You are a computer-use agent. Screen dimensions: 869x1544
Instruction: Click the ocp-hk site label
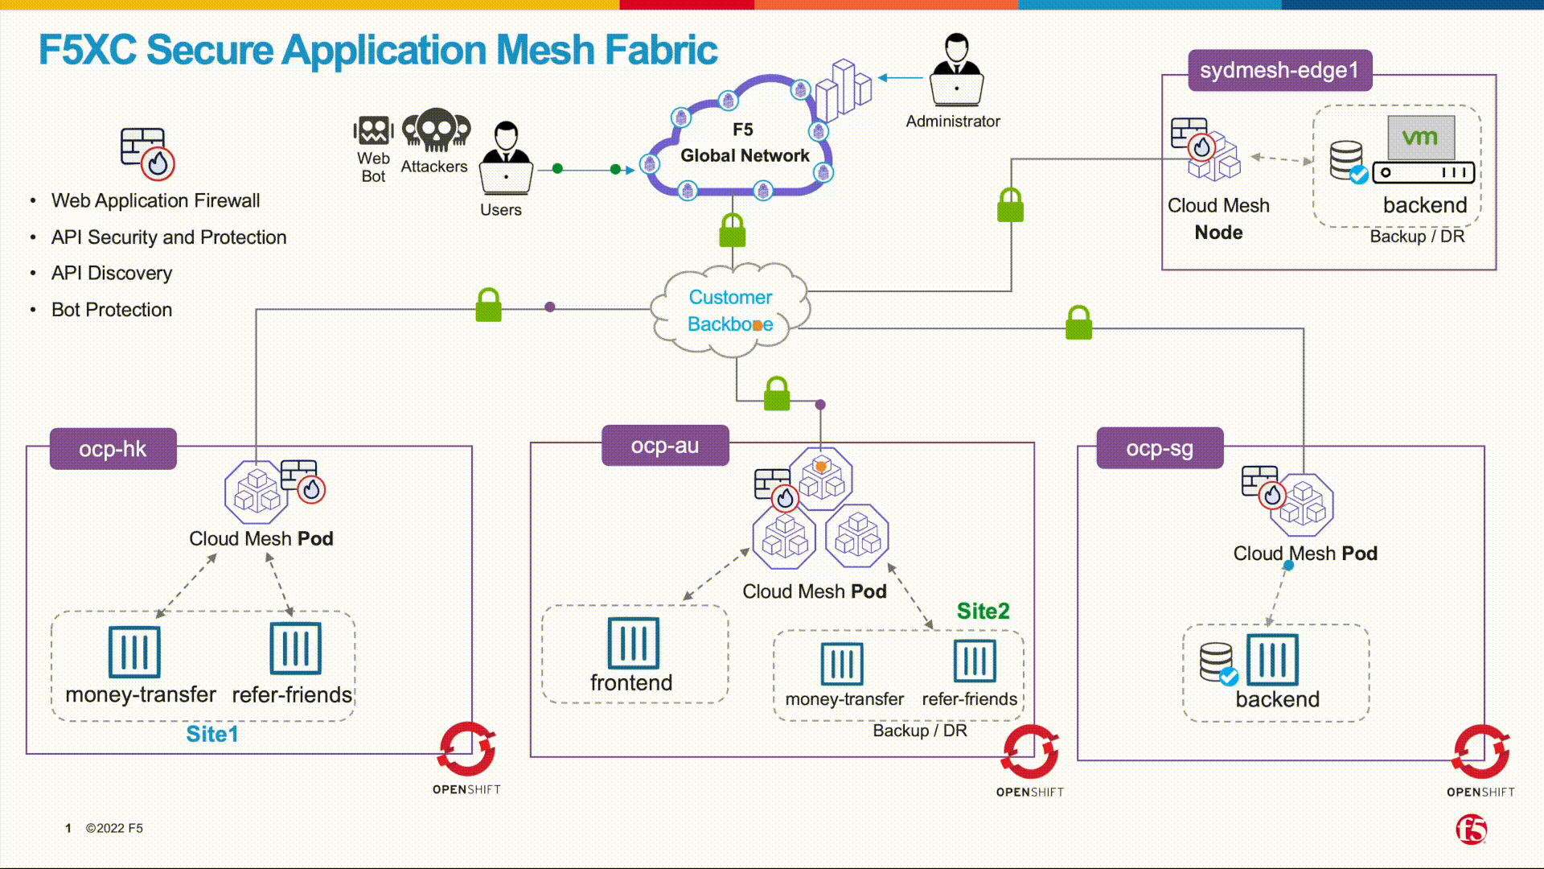click(x=113, y=448)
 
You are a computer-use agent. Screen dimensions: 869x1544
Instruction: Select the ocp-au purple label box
click(x=665, y=445)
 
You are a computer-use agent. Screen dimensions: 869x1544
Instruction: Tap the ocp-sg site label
click(x=1160, y=448)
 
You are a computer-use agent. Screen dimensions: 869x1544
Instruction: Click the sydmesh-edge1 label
click(x=1279, y=70)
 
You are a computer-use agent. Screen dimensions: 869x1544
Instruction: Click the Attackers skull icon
click(x=436, y=130)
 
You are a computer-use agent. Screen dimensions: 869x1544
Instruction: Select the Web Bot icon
click(x=373, y=131)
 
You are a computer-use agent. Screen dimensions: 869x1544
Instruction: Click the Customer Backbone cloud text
click(x=730, y=311)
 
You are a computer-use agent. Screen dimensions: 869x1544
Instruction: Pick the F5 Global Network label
click(x=745, y=143)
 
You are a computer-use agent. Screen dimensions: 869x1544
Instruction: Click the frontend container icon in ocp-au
click(x=633, y=643)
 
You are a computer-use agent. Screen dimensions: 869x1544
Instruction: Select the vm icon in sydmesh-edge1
click(x=1421, y=138)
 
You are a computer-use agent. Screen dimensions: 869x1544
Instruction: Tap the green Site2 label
click(x=983, y=611)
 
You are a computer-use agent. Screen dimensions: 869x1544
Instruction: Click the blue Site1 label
click(x=212, y=734)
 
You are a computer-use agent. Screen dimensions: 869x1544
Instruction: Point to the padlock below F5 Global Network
click(x=732, y=231)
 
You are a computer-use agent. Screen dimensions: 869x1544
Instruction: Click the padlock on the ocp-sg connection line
click(x=1078, y=323)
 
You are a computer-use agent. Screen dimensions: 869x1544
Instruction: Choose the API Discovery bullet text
click(x=112, y=273)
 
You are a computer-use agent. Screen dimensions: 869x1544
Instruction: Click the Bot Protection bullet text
click(x=112, y=310)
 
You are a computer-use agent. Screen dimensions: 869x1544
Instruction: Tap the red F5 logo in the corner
click(x=1472, y=829)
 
